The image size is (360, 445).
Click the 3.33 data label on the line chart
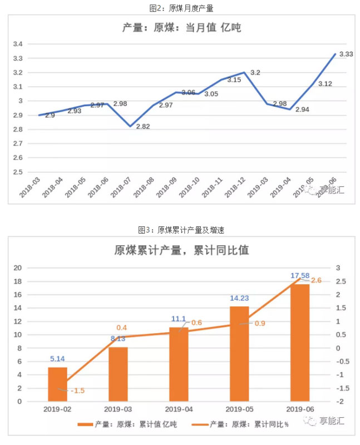346,53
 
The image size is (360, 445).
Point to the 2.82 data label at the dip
143,126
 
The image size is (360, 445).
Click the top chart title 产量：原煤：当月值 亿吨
181,27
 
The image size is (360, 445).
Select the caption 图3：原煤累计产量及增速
181,229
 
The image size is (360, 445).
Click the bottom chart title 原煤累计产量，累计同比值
181,250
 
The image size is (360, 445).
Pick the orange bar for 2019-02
57,384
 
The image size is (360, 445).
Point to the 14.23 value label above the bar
240,298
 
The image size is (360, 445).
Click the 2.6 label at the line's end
316,280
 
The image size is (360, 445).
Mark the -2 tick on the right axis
338,401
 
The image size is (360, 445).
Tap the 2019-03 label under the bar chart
118,409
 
